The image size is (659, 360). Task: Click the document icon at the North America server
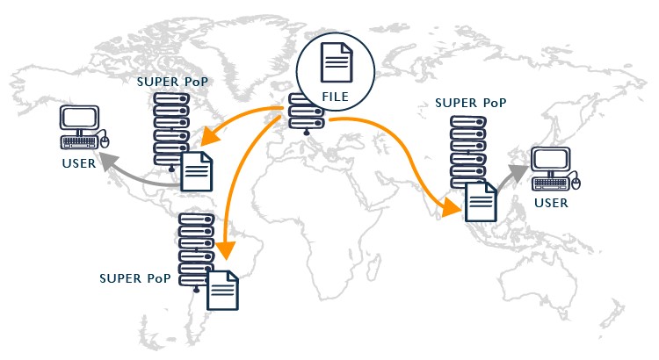(197, 171)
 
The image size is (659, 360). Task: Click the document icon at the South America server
(222, 290)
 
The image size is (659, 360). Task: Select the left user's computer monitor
(79, 120)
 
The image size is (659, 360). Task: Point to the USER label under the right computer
(551, 203)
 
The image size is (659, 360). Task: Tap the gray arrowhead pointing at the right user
(523, 170)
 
